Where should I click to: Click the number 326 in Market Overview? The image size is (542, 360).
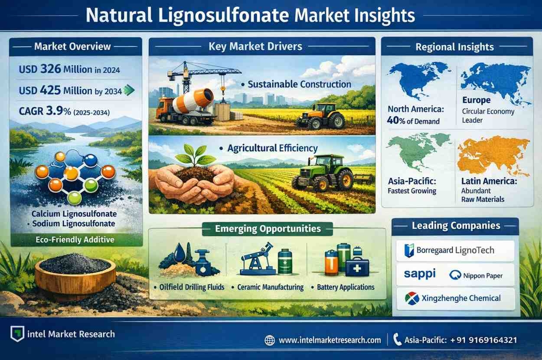point(51,69)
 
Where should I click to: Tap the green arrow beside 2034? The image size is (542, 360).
point(129,90)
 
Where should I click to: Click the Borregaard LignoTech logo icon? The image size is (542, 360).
point(409,250)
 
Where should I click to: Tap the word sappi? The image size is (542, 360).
point(420,274)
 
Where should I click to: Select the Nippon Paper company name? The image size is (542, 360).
point(483,275)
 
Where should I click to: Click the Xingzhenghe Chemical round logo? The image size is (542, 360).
point(412,298)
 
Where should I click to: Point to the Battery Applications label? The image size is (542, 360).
point(346,287)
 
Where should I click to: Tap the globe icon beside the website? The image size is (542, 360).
point(270,340)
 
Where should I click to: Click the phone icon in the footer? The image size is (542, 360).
point(397,340)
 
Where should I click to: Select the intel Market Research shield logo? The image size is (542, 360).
point(17,334)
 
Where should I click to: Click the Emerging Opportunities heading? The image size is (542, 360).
point(268,229)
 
